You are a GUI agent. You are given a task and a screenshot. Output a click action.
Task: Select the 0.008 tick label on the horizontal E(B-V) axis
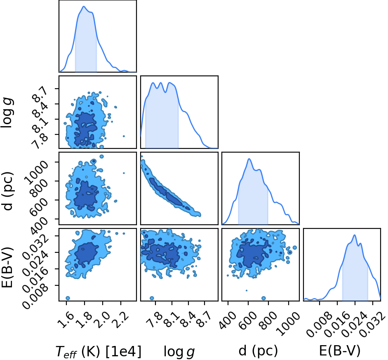coord(318,324)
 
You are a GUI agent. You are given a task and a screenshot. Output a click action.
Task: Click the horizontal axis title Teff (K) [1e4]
coord(99,351)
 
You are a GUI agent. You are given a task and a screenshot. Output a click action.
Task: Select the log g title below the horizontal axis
coord(179,351)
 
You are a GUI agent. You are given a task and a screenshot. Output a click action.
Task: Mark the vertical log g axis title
coord(8,113)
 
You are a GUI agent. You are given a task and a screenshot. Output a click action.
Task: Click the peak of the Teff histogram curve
coord(84,7)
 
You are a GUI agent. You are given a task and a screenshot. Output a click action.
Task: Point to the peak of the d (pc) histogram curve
coord(249,159)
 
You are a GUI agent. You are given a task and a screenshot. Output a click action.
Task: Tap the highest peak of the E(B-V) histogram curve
coord(355,235)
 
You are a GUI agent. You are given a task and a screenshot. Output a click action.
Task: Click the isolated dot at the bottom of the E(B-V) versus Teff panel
coord(68,298)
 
